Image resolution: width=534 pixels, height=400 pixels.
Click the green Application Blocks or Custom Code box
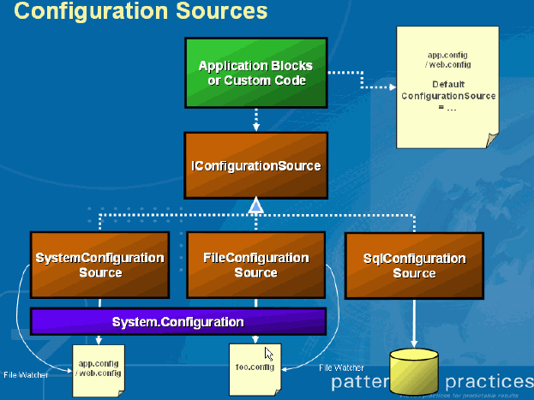click(x=255, y=73)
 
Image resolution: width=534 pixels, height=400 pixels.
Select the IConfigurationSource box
click(x=255, y=165)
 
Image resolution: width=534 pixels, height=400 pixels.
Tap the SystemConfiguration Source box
click(x=99, y=265)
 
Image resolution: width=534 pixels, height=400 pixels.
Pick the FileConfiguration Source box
click(x=255, y=265)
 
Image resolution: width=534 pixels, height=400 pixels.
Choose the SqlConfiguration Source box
click(x=413, y=265)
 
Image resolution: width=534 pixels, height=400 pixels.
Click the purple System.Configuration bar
click(x=178, y=322)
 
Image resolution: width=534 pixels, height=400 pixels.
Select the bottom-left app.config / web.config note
click(x=99, y=368)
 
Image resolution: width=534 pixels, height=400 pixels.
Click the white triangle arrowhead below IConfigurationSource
click(x=255, y=206)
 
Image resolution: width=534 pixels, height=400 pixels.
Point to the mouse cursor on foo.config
click(x=269, y=353)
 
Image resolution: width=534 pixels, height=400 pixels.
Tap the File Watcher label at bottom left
click(x=23, y=374)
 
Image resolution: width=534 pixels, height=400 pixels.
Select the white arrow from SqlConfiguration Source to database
click(x=414, y=321)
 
